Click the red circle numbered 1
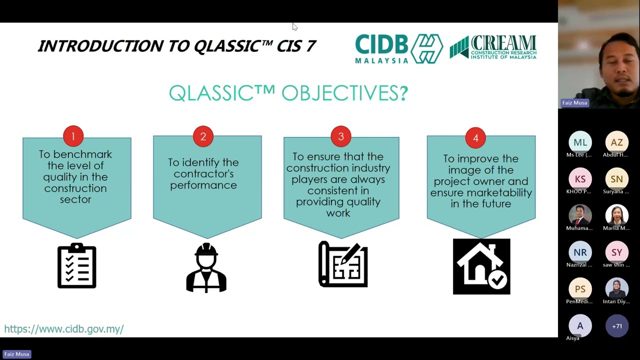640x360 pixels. [73, 136]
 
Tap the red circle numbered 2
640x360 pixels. [203, 136]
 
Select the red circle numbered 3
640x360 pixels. [341, 136]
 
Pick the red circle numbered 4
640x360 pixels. [475, 138]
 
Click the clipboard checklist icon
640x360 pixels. [76, 266]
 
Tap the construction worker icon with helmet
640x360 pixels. [206, 267]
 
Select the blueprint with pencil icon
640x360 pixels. [343, 264]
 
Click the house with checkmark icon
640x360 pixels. [481, 266]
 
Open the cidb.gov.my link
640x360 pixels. [64, 329]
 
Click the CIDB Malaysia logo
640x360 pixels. [398, 48]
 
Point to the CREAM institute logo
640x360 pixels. [493, 47]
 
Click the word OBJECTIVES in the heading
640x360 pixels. [344, 93]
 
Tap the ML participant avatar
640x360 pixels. [580, 142]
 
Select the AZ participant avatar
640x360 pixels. [616, 142]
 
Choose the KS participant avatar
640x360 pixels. [580, 179]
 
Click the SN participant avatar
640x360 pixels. [616, 179]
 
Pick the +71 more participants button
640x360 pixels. [616, 326]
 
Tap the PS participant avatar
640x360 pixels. [580, 289]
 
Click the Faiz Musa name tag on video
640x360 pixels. [574, 103]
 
